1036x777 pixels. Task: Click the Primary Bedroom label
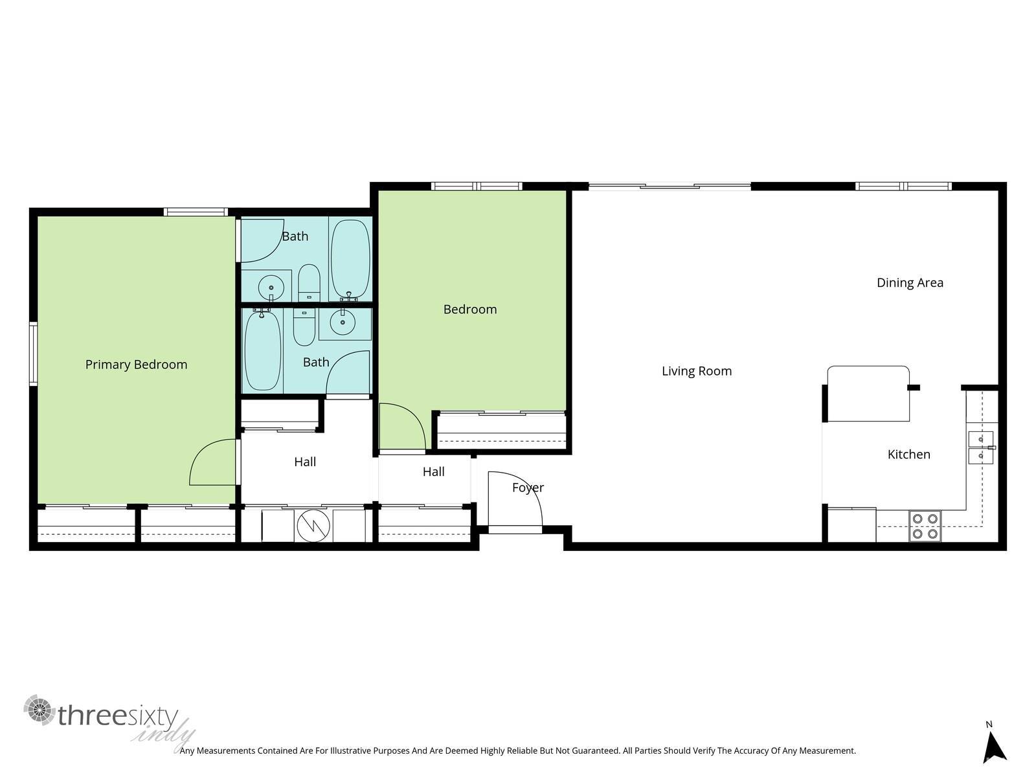[136, 365]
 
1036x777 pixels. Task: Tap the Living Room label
[697, 371]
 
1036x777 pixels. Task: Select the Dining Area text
[910, 282]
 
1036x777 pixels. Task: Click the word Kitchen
[908, 455]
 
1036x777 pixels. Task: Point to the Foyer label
[528, 488]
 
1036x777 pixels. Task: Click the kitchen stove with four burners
[925, 526]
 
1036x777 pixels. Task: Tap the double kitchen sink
[980, 447]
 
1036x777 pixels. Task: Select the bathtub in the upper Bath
[350, 258]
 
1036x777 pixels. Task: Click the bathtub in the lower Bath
[262, 351]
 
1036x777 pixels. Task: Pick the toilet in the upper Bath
[309, 282]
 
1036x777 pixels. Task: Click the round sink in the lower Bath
[341, 321]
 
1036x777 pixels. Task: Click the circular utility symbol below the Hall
[313, 526]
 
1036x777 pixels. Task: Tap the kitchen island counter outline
[868, 393]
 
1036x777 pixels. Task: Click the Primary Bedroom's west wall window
[33, 354]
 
